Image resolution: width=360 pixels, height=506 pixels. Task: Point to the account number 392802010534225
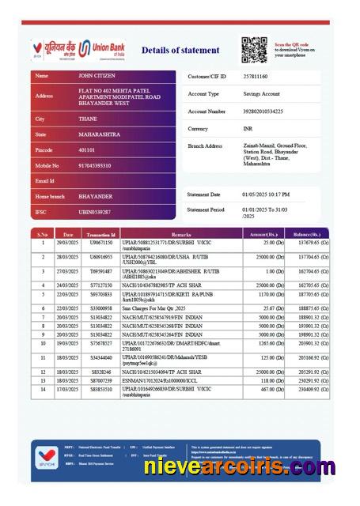tap(263, 111)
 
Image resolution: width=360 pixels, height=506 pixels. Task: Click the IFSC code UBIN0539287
tap(95, 212)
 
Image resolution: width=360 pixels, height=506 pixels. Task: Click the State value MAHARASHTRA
tap(100, 134)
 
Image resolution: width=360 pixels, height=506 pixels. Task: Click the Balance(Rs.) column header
tap(306, 235)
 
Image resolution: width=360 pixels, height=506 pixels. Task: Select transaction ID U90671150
tap(101, 243)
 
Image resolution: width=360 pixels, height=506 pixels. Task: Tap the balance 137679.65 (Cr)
tap(307, 243)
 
